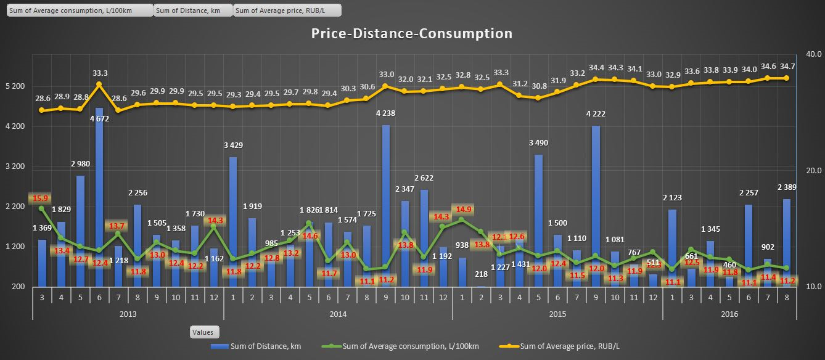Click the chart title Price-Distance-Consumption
(x=411, y=33)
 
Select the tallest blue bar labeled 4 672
(x=99, y=197)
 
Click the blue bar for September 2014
(x=385, y=206)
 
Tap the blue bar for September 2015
(x=596, y=206)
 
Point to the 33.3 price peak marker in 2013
(x=99, y=84)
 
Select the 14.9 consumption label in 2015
(x=462, y=208)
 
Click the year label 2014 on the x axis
(x=337, y=314)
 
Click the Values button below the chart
(x=202, y=332)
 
